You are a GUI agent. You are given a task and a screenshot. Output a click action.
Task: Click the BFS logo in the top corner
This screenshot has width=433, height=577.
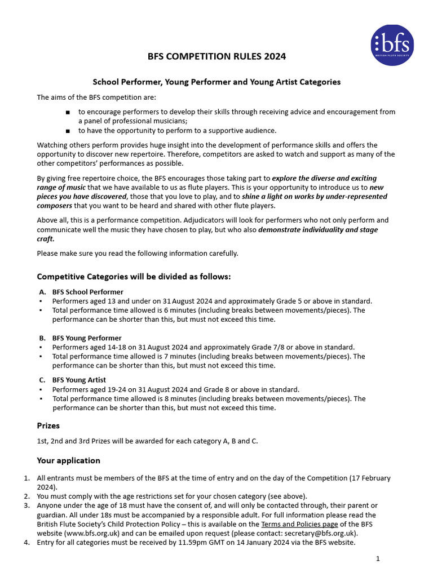(392, 45)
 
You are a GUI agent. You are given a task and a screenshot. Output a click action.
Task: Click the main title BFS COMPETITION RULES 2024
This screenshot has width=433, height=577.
(216, 56)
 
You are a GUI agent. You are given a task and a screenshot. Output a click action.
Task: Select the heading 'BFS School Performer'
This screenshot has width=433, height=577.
(87, 292)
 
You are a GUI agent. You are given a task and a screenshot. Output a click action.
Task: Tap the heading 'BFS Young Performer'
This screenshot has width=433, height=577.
(87, 338)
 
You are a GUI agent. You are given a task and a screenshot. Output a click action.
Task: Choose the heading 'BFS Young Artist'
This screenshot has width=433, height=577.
(79, 380)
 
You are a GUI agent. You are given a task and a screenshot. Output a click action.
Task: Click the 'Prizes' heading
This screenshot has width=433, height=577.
(48, 425)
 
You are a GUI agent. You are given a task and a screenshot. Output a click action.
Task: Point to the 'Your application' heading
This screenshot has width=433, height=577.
(68, 460)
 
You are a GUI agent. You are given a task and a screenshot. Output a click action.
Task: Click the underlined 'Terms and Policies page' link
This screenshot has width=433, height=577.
(299, 524)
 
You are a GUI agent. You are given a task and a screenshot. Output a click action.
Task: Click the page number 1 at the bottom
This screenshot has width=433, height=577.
(378, 558)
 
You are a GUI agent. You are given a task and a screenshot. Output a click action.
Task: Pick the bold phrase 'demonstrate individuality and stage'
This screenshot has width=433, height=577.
(318, 229)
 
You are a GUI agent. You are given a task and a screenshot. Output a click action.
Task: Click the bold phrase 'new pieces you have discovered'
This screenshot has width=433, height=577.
(82, 196)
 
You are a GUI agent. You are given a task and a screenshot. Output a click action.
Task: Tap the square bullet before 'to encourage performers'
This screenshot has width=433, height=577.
(67, 112)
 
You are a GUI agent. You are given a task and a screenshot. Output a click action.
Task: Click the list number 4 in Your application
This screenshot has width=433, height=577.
(26, 543)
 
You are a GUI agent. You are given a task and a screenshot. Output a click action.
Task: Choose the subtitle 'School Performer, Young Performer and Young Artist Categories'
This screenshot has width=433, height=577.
(216, 82)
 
